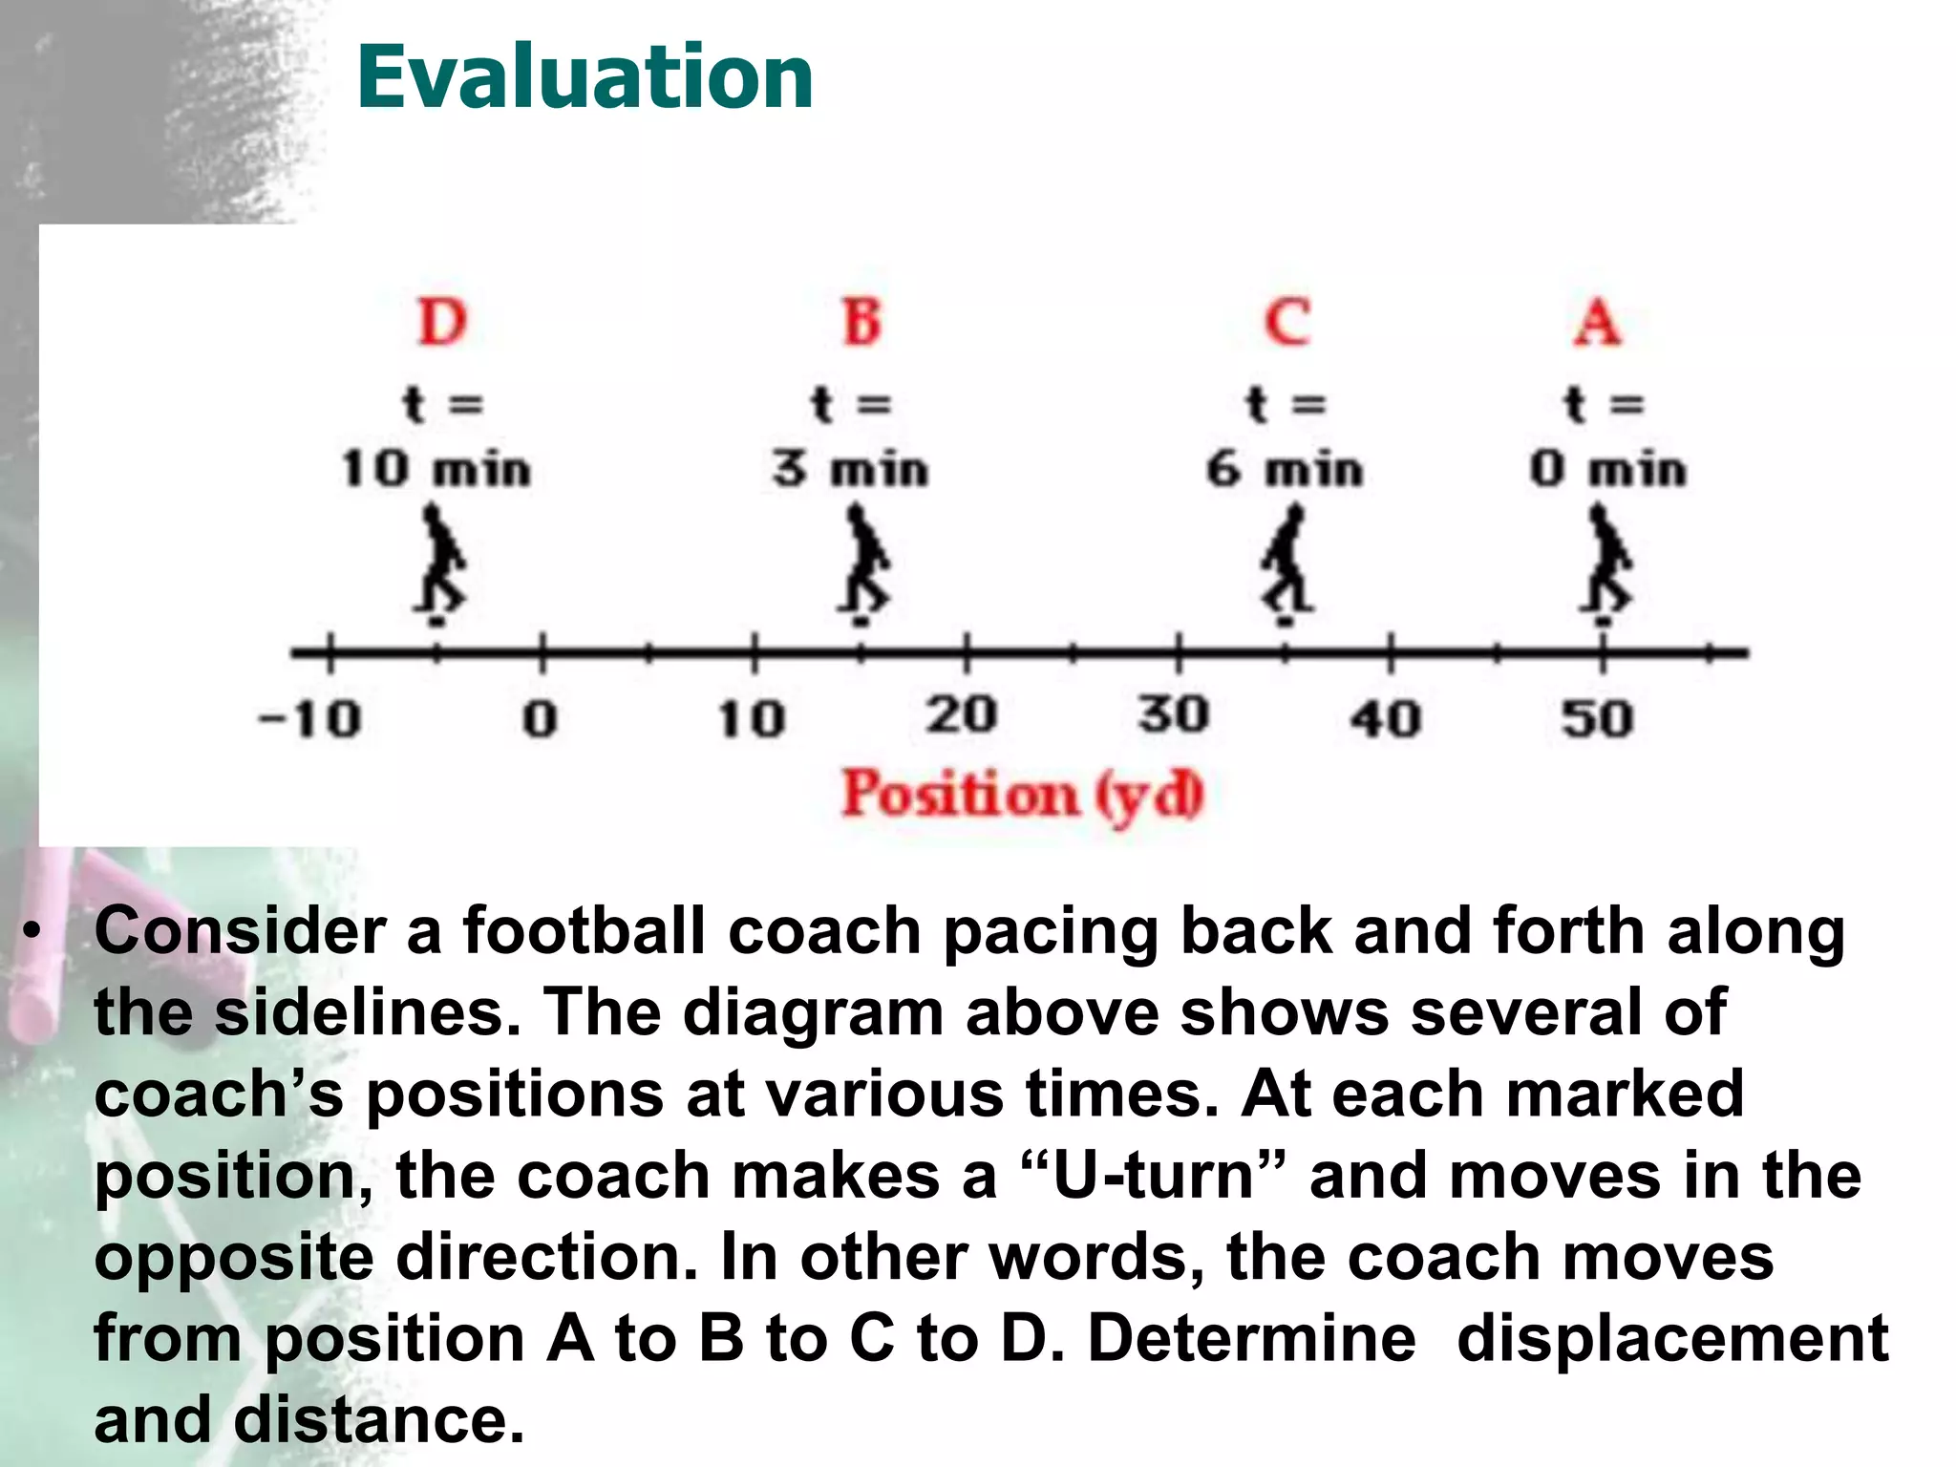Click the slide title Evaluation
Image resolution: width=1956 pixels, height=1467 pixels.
point(585,78)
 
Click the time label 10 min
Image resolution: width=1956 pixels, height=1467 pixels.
point(436,470)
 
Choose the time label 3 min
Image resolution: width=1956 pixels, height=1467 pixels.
point(851,470)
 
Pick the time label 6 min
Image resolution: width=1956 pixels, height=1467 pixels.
point(1285,470)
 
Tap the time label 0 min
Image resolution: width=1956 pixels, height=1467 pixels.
point(1607,470)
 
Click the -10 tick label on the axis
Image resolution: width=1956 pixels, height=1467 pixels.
point(310,719)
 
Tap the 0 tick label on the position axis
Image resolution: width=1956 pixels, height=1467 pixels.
point(540,719)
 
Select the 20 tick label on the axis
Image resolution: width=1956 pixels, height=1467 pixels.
point(962,715)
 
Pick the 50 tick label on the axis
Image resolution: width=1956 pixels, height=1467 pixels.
point(1598,719)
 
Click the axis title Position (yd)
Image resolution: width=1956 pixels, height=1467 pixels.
point(1023,795)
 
